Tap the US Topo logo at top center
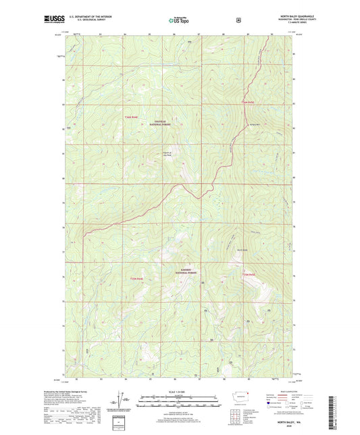(179, 20)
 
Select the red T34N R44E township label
(132, 117)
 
